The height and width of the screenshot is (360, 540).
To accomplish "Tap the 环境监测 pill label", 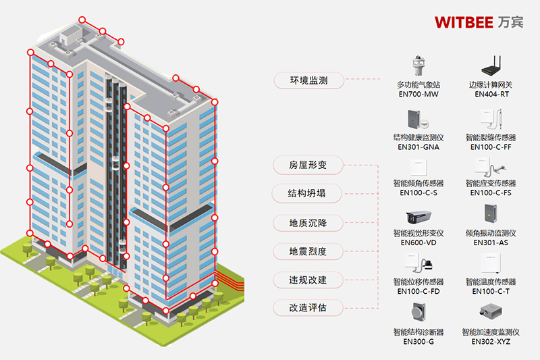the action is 309,80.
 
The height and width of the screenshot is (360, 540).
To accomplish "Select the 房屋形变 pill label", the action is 308,165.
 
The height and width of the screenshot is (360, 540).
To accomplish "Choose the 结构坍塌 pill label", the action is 307,193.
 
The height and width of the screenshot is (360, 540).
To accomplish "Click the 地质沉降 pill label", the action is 308,223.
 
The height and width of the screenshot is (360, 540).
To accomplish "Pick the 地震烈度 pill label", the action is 308,251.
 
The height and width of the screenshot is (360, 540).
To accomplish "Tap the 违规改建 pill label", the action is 308,280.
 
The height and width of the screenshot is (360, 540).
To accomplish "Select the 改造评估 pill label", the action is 308,307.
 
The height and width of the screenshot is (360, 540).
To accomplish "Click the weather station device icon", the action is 418,66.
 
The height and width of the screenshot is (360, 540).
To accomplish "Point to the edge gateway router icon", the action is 492,66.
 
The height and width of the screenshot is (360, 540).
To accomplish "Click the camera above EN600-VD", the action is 418,217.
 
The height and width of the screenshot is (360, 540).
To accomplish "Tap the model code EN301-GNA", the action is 418,147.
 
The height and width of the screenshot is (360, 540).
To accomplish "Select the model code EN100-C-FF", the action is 491,147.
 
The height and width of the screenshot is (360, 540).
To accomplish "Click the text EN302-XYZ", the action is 491,341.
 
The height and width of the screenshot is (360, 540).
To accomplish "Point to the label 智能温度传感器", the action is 491,282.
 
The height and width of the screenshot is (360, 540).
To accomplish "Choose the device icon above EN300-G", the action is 418,312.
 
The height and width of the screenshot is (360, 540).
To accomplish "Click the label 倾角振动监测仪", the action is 491,233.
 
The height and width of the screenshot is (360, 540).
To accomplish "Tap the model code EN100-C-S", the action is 418,193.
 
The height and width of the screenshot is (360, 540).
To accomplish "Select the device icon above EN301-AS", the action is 491,213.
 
